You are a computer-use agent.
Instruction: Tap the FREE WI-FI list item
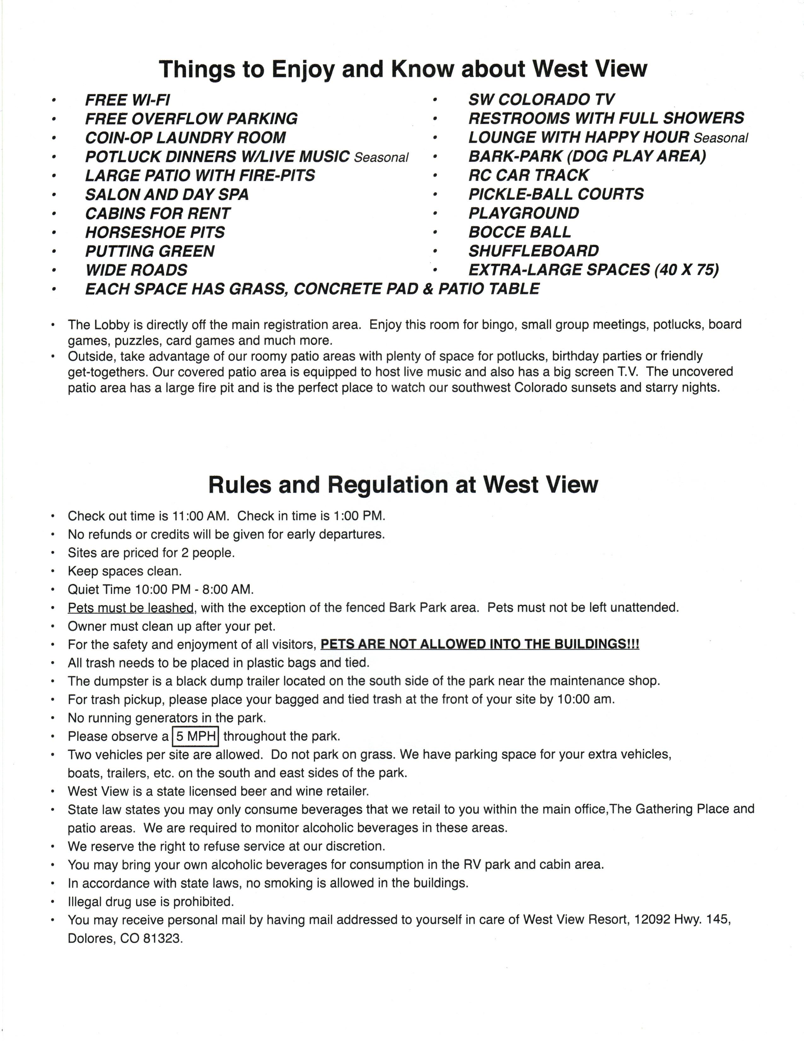click(x=127, y=100)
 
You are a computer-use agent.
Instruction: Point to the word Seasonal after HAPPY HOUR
click(x=721, y=138)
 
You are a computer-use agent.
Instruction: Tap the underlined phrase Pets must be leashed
click(x=131, y=608)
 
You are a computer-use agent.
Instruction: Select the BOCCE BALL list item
click(x=519, y=232)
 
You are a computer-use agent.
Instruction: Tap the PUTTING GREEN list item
click(x=149, y=251)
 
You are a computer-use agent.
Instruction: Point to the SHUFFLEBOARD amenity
click(x=533, y=251)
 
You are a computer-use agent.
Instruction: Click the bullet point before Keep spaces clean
click(x=53, y=572)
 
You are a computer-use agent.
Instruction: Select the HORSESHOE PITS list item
click(x=155, y=232)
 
